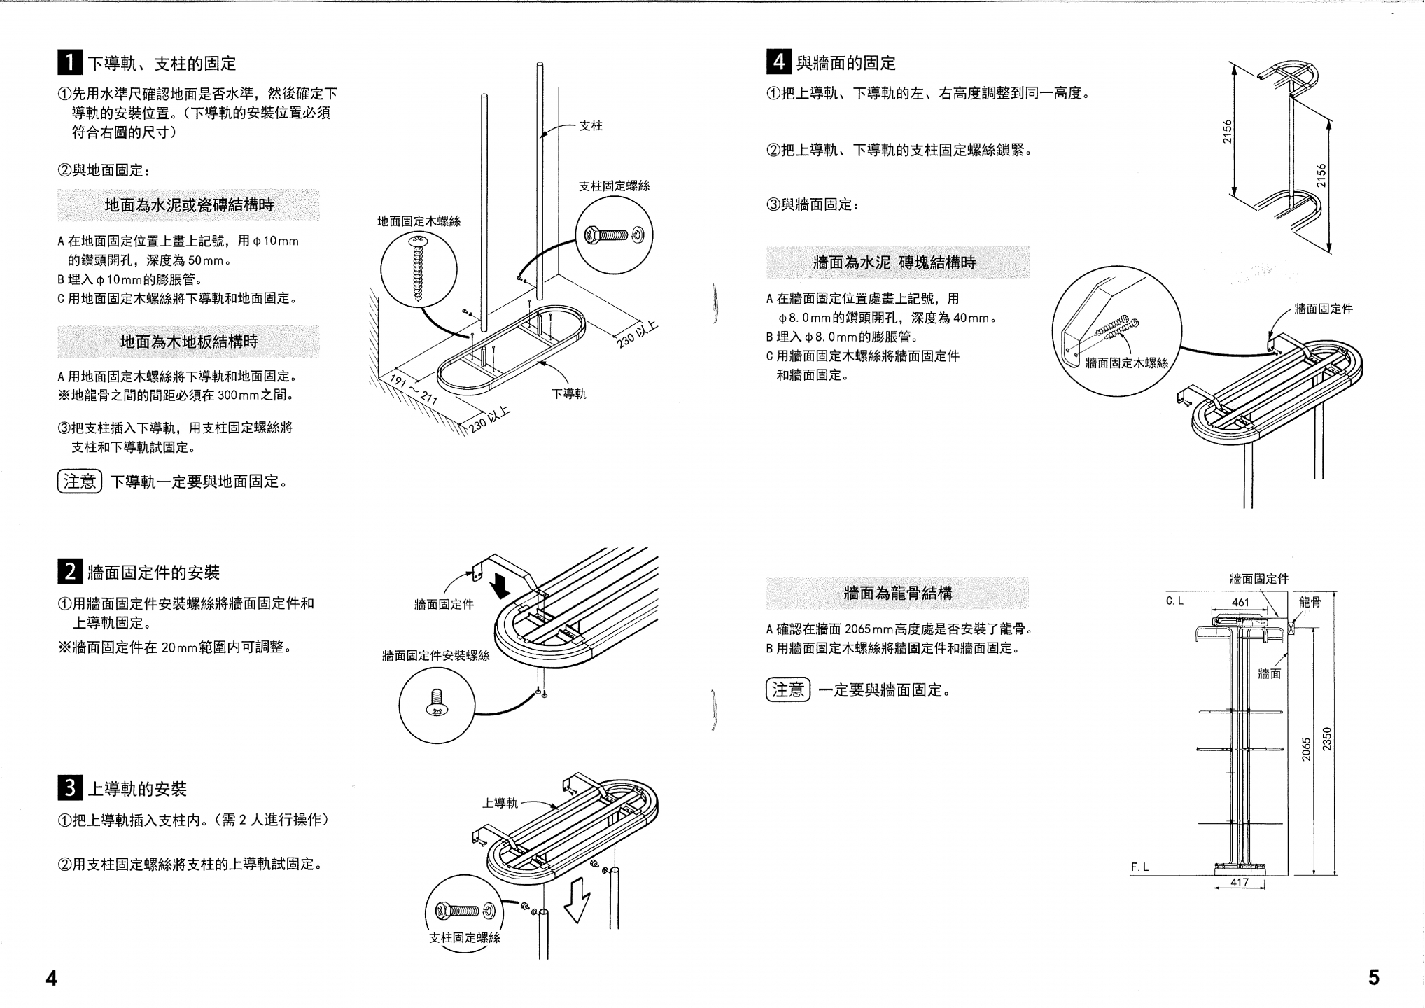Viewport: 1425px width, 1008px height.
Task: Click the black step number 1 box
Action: coord(70,62)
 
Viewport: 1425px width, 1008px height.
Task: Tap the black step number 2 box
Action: coord(70,571)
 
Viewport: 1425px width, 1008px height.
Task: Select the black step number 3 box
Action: coord(70,787)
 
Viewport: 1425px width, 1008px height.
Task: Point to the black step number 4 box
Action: coord(779,62)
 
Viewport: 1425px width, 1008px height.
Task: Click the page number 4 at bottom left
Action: coord(52,978)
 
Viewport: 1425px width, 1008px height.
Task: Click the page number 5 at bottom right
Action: coord(1374,977)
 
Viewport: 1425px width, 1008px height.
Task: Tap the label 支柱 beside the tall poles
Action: coord(591,126)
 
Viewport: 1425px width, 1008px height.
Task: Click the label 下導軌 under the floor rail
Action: coord(569,394)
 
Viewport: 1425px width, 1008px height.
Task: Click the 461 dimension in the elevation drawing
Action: coord(1240,602)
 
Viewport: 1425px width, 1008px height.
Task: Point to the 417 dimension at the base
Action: coord(1240,883)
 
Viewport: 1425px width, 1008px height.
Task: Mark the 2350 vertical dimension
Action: coord(1327,739)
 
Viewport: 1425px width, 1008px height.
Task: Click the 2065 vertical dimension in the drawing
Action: coord(1306,750)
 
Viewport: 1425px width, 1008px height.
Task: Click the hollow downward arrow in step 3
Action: coord(577,902)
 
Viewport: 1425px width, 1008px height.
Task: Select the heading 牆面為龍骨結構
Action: coord(898,594)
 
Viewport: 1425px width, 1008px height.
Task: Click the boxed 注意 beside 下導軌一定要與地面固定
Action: coord(80,482)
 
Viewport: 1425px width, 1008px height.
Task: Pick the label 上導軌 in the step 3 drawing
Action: coord(500,803)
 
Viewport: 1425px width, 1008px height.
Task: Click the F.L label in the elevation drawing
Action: coord(1140,867)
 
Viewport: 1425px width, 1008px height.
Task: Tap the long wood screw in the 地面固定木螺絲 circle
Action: coord(419,269)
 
